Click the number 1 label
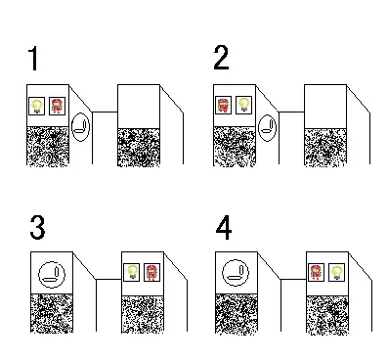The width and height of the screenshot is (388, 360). pos(33,59)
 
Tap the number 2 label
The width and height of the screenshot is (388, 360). pos(221,58)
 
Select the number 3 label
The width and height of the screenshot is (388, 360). pos(37,228)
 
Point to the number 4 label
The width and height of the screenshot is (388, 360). pos(224,228)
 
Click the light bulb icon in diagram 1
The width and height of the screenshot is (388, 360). pos(37,106)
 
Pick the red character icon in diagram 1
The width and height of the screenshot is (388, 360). pos(57,106)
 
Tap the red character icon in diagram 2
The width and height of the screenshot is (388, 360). pos(224,105)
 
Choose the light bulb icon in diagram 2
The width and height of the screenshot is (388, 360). pos(243,105)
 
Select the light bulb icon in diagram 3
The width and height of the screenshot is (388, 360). pos(132,272)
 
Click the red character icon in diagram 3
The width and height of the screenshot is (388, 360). pos(151,272)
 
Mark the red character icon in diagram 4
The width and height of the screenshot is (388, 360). pos(316,272)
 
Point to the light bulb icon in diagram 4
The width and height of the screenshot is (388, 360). pos(336,272)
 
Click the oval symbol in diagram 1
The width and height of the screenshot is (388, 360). pos(71,127)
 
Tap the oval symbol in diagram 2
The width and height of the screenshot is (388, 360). pos(259,128)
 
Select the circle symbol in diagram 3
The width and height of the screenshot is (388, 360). pos(39,275)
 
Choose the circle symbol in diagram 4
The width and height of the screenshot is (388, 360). pos(223,273)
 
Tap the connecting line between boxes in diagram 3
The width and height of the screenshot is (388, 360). pos(108,280)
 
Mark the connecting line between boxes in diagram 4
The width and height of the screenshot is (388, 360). pos(293,279)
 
